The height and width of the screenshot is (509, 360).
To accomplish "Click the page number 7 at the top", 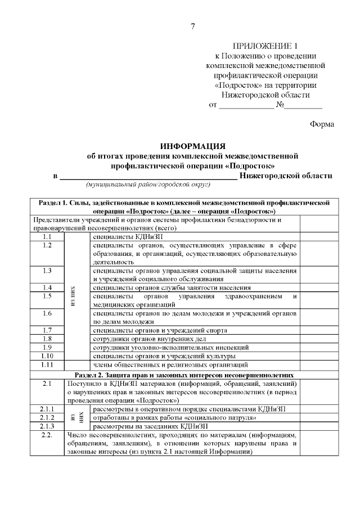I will (x=192, y=26).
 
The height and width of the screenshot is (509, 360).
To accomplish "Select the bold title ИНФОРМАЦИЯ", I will (x=193, y=146).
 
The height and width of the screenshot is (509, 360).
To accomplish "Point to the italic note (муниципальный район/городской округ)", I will (x=147, y=184).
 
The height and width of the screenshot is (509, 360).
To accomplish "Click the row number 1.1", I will (x=47, y=237).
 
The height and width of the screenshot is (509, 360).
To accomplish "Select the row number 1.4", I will (x=47, y=287).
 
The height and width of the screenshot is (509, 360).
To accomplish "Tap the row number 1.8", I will (x=47, y=339).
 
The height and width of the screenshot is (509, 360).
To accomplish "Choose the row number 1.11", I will (x=47, y=365).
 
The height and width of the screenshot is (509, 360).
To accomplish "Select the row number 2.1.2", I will (x=47, y=417).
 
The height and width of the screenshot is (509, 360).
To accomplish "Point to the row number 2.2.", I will (x=47, y=435).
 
